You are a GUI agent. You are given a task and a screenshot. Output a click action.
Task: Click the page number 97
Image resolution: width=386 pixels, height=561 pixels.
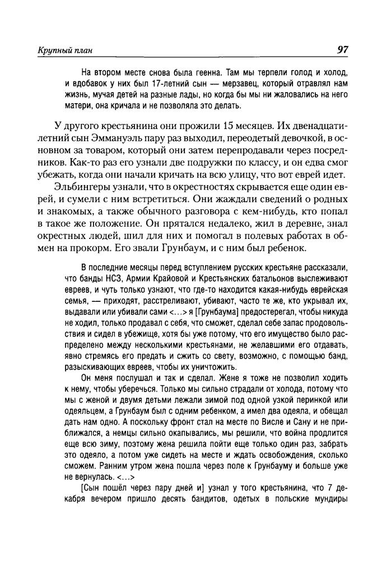point(343,50)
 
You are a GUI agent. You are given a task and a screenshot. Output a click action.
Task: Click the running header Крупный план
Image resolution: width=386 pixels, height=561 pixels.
point(62,51)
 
